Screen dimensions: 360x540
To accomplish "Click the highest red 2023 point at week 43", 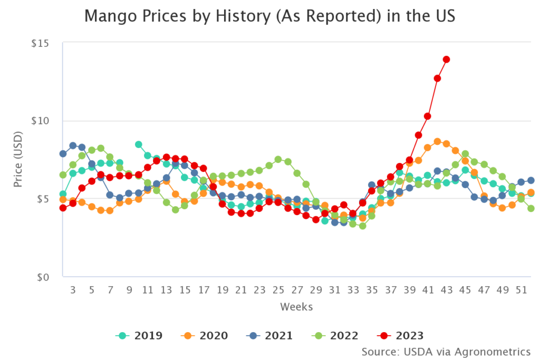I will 446,60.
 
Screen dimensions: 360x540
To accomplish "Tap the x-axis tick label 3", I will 73,289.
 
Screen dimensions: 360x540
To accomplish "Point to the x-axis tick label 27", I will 297,289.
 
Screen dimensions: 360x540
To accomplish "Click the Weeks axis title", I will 296,306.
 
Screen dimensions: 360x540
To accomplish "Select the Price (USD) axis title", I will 18,160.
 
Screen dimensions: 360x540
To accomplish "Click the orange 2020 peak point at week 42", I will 437,142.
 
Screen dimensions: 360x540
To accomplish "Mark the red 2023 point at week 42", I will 437,79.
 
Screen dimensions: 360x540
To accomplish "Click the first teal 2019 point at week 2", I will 63,194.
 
